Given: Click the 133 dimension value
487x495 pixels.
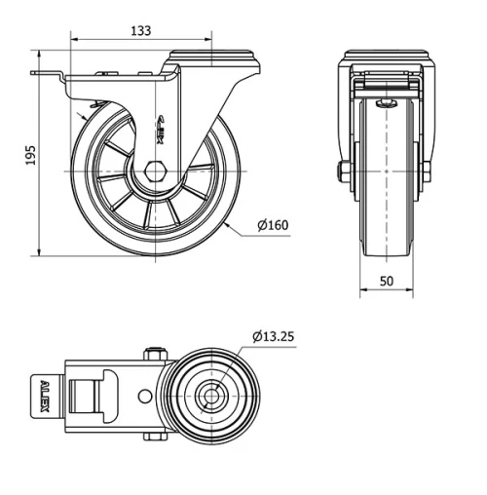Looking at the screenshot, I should pyautogui.click(x=140, y=30).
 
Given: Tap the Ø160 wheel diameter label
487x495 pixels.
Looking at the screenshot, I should pyautogui.click(x=273, y=226).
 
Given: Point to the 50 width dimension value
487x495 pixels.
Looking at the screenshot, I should pyautogui.click(x=386, y=281).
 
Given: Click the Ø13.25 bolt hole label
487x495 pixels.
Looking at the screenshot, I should pyautogui.click(x=273, y=337).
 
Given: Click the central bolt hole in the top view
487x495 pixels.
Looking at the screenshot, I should pyautogui.click(x=208, y=397).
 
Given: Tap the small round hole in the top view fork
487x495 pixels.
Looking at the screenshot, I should pyautogui.click(x=144, y=397).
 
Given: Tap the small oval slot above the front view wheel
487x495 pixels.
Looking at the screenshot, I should pyautogui.click(x=386, y=102).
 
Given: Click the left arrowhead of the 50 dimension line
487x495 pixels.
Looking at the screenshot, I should pyautogui.click(x=362, y=290).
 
